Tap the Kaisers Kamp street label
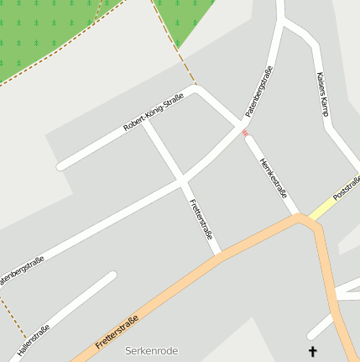322,93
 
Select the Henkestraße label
274,174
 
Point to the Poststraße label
347,186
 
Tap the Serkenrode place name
151,350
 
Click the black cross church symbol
314,351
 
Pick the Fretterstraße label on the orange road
117,333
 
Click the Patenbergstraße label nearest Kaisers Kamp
260,90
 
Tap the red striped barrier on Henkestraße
245,133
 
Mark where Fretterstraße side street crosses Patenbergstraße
182,179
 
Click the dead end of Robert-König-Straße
60,165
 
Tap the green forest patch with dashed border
50,34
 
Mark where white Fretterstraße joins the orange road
218,252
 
